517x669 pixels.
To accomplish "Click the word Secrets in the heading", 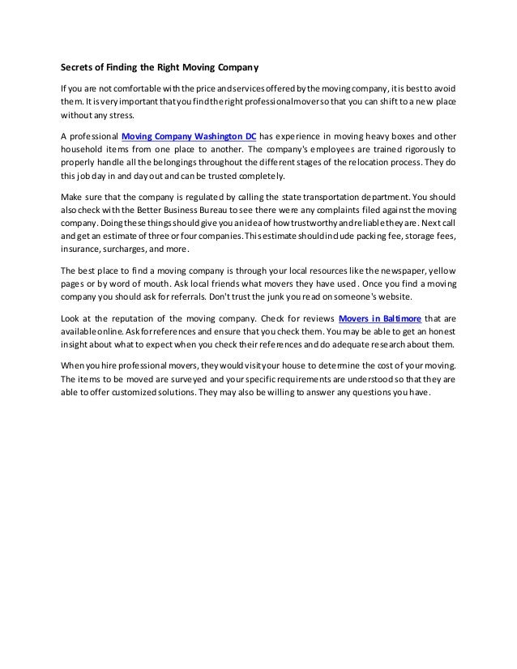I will (x=79, y=66).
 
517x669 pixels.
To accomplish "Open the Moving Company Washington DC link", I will (x=188, y=135).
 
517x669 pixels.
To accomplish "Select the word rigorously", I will (x=421, y=150).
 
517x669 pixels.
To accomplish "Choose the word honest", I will (x=438, y=333).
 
